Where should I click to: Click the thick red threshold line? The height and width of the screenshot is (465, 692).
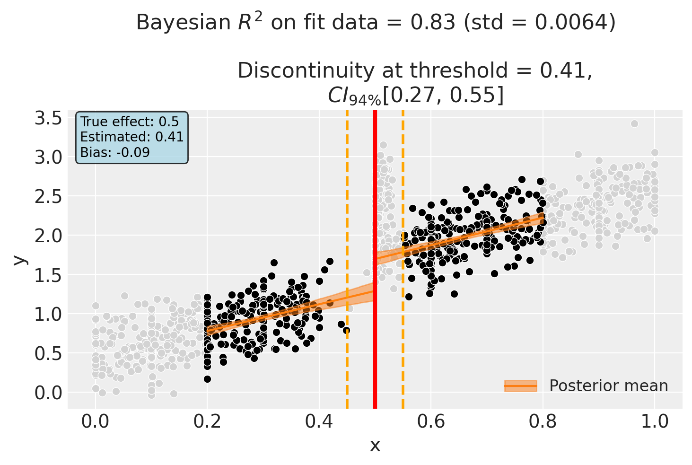point(375,331)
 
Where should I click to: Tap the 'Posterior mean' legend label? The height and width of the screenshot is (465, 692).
point(608,386)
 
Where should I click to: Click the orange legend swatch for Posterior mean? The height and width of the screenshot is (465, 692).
point(521,386)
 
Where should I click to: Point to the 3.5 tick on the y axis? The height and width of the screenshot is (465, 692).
point(49,118)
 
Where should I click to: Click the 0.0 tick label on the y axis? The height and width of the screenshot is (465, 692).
point(49,393)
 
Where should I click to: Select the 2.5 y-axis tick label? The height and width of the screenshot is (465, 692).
point(49,196)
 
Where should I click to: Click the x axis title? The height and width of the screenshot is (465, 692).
point(375,445)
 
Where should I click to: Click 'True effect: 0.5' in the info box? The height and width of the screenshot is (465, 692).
point(123,122)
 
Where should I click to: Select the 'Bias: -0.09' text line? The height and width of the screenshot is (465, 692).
point(115,152)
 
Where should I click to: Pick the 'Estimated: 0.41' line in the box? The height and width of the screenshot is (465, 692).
point(131,137)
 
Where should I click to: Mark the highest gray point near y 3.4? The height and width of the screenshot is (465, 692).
point(634,123)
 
